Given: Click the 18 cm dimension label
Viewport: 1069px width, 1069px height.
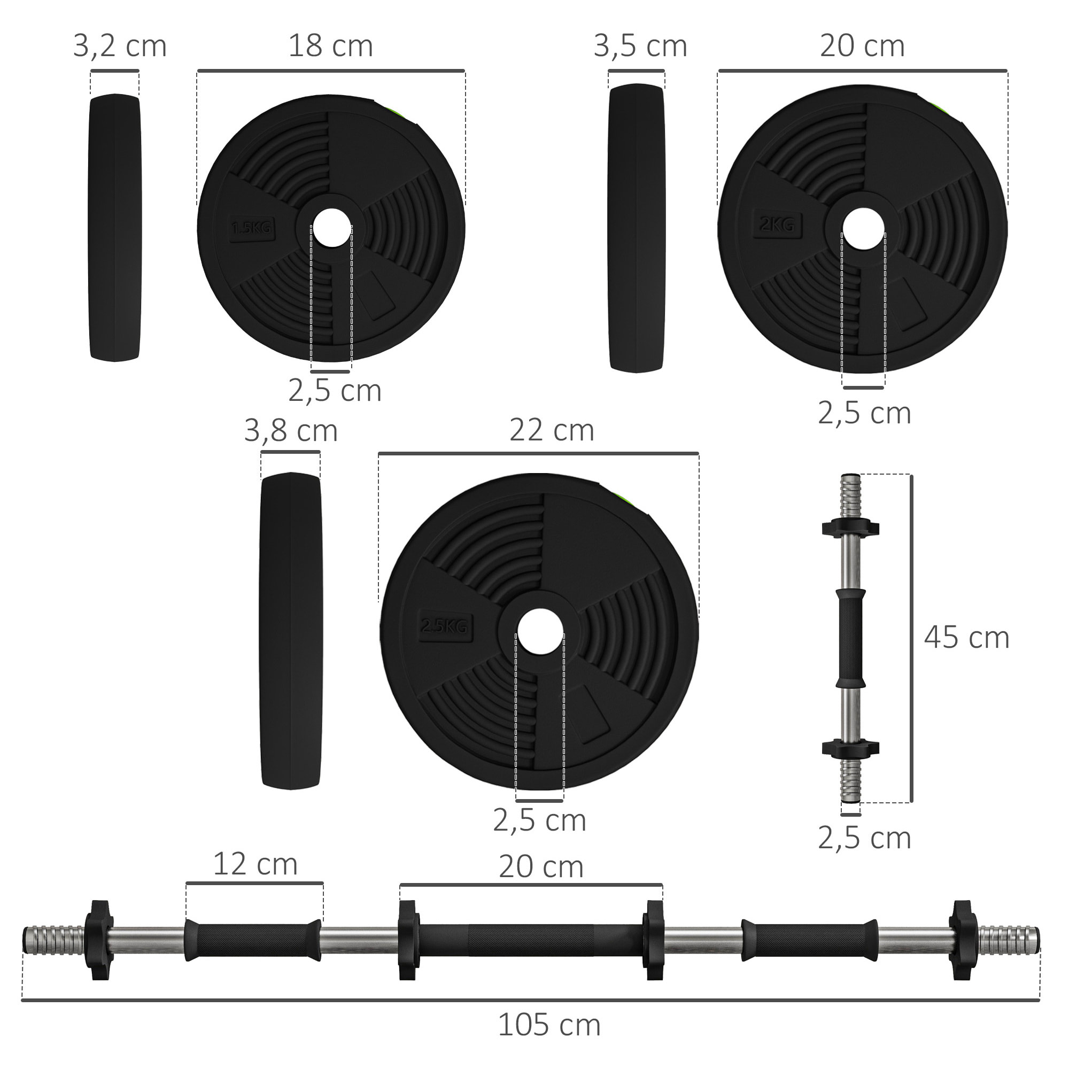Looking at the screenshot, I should pos(330,46).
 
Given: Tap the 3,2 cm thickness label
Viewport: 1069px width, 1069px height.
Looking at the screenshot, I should pos(120,46).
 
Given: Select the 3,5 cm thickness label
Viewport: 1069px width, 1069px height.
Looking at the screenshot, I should pos(640,46).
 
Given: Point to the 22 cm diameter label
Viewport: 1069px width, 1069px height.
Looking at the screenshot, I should pos(552,430).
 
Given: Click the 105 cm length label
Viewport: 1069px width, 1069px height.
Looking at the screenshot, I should pos(549,1025).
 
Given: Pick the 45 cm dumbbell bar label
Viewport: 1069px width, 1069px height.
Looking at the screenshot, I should pos(966,638).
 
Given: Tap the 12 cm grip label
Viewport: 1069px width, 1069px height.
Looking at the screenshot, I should pos(255,864).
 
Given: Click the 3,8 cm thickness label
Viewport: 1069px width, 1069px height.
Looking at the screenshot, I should pos(290,430).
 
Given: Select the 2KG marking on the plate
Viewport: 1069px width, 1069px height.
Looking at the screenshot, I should pos(777,224).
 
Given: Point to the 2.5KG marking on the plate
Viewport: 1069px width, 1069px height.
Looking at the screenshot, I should pos(444,627).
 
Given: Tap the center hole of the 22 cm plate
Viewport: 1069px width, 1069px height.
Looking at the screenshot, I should pos(539,632).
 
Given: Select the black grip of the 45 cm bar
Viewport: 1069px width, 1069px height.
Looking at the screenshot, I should pos(850,638).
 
